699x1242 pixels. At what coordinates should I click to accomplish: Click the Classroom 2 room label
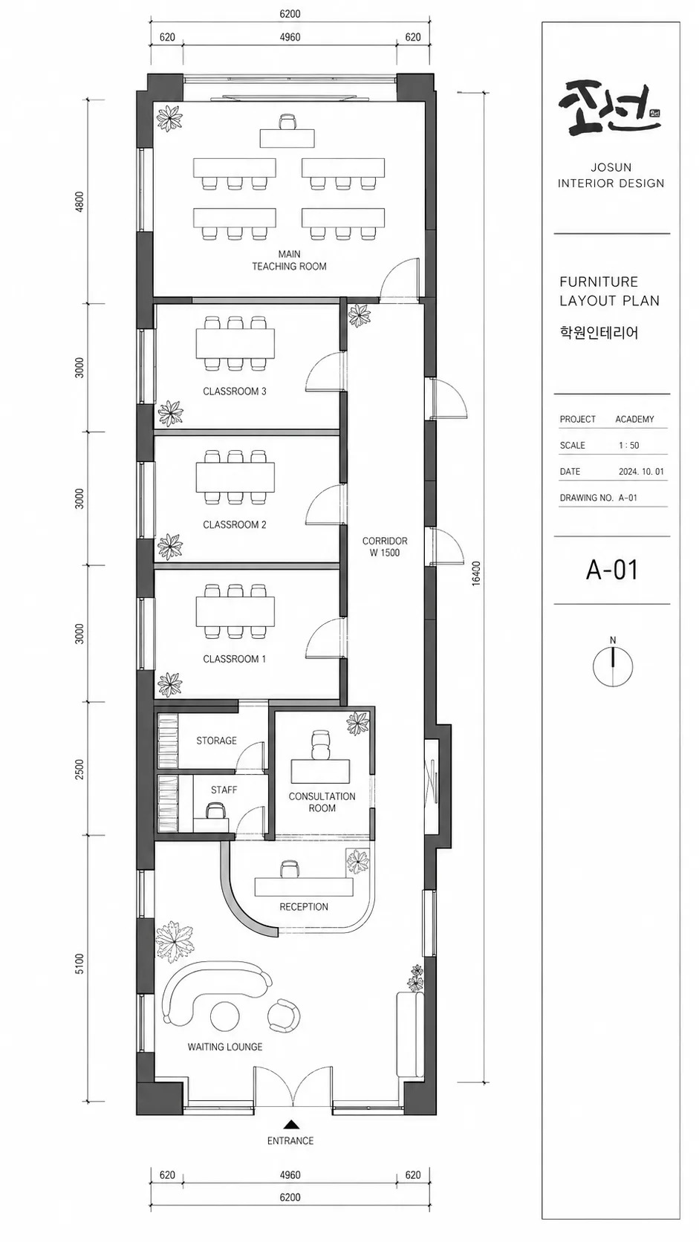coord(234,524)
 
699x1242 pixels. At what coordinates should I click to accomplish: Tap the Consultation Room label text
coord(322,802)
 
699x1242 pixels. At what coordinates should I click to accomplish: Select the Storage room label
coord(216,740)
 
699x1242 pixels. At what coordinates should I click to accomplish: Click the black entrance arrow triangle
coord(290,1125)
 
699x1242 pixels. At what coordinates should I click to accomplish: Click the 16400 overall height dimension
coord(477,573)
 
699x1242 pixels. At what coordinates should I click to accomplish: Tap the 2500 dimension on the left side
coord(79,769)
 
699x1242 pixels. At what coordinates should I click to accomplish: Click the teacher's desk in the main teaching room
coord(287,138)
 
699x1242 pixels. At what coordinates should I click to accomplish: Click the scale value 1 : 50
coord(628,445)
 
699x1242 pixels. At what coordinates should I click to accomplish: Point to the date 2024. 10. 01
coord(641,471)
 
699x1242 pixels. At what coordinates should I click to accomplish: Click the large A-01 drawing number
coord(612,570)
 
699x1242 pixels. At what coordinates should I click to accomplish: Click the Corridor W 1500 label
coord(385,546)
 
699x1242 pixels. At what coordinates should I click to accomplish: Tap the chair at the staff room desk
coord(215,813)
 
